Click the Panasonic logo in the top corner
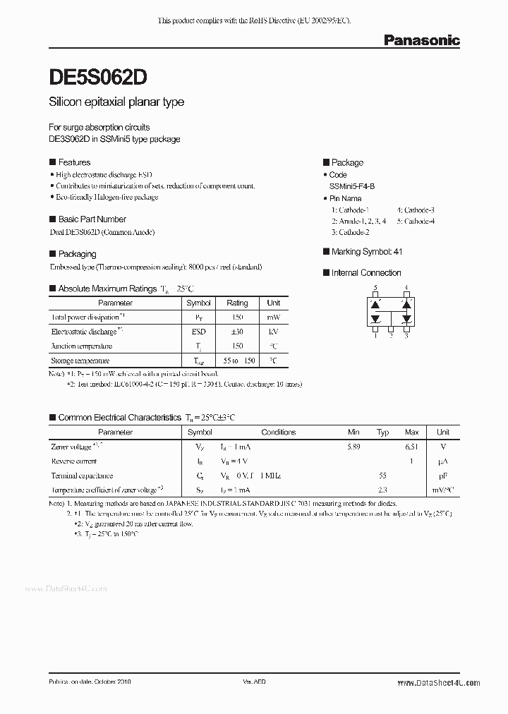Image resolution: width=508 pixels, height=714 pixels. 421,40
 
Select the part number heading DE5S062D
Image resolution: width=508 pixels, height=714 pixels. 98,76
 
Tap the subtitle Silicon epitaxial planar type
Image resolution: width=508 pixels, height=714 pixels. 116,102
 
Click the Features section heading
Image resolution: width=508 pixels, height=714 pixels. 73,162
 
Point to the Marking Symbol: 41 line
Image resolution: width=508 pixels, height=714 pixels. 367,252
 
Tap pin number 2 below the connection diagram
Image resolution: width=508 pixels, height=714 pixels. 391,336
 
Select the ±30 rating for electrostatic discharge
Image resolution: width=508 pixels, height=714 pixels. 237,332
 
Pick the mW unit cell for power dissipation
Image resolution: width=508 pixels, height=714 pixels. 273,317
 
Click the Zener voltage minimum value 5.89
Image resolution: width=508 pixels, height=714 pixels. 353,447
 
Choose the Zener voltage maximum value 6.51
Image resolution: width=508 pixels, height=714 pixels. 411,447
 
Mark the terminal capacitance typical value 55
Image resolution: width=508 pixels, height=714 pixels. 383,476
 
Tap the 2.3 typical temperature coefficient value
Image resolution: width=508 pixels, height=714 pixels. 383,490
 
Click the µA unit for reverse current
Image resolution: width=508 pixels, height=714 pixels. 443,461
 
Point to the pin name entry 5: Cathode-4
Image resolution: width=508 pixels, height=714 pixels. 416,221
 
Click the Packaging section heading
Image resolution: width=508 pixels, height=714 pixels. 77,254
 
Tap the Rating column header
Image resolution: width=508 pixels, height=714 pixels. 237,303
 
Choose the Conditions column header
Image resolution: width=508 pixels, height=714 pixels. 279,432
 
